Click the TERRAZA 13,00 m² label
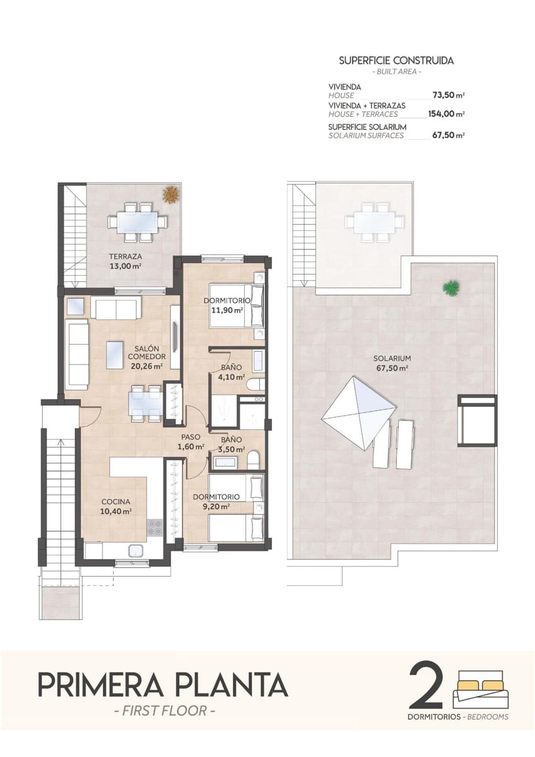[124, 261]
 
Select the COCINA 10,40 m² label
[116, 507]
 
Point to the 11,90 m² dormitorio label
[227, 305]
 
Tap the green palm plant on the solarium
[450, 288]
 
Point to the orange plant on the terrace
[170, 195]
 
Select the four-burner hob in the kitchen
[155, 527]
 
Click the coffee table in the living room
[115, 355]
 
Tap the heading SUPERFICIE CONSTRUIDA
[396, 61]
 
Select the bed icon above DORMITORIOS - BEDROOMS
[479, 690]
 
